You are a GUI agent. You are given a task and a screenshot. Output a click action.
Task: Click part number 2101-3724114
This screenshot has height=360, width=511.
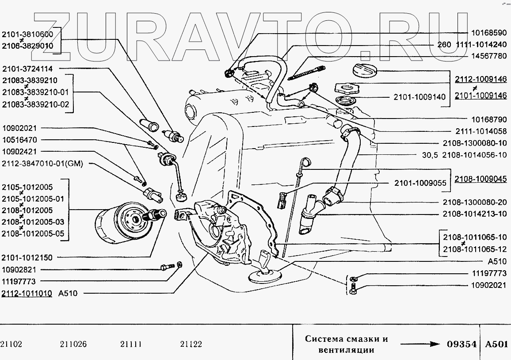coord(27,69)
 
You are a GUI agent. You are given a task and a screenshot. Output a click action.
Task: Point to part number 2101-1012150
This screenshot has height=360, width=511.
coord(27,258)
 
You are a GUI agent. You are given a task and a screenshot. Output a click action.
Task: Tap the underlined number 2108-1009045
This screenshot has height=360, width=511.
coord(481,179)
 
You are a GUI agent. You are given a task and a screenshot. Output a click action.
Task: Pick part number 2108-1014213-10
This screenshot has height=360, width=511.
coord(474,214)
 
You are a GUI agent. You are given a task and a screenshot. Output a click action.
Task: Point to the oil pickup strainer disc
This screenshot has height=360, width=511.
coord(263,276)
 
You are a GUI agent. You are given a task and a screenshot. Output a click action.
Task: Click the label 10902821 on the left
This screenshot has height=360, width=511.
coord(21,269)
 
